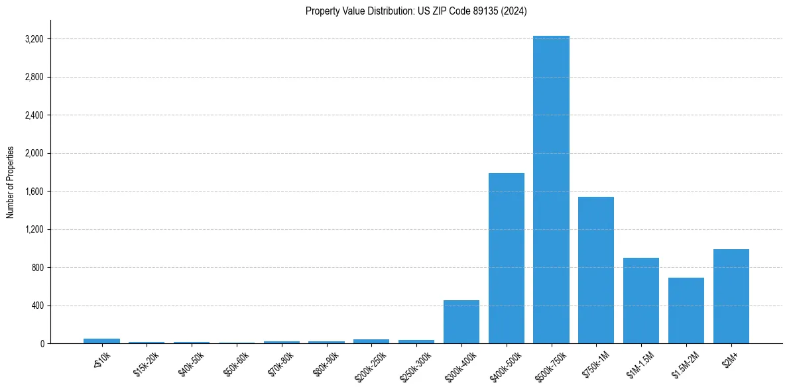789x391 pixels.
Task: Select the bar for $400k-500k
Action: tap(507, 258)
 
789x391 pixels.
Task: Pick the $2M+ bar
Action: tap(731, 296)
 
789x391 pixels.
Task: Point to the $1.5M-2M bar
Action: tap(686, 310)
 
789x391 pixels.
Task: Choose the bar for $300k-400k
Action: tap(461, 321)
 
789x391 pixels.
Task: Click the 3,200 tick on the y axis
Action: tap(34, 39)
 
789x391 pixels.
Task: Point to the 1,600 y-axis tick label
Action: tap(34, 192)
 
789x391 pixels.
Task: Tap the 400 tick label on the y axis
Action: tap(37, 306)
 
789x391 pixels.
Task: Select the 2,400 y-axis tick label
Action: tap(34, 115)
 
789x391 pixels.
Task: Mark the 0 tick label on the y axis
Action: tap(41, 344)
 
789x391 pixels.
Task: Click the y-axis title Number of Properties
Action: tap(11, 182)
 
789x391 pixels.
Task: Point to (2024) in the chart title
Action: tap(515, 11)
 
